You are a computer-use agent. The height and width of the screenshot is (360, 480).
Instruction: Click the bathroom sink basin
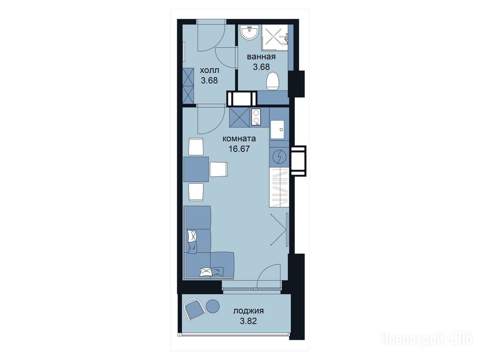pos(250,32)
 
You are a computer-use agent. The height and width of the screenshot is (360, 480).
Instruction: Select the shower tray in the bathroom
pos(275,37)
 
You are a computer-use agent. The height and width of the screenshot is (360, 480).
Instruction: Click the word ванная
pos(262,57)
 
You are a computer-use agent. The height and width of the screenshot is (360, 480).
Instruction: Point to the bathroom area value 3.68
pos(261,67)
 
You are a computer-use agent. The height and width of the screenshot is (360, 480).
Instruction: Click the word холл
pos(210,70)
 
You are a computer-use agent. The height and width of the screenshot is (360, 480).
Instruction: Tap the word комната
pos(240,139)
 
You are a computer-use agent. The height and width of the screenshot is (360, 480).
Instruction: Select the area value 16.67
pos(240,149)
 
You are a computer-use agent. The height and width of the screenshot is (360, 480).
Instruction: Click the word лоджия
pos(248,311)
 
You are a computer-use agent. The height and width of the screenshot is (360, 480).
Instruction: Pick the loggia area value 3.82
pos(248,321)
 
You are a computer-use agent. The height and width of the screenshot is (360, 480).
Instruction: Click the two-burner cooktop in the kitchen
pos(255,117)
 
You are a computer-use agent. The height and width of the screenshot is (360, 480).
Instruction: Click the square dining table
pos(196,169)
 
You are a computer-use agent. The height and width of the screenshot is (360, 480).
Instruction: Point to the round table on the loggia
pos(212,306)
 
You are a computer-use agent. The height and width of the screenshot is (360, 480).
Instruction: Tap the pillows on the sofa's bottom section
pos(211,271)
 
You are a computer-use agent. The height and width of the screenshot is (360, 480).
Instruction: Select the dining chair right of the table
pos(218,169)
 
